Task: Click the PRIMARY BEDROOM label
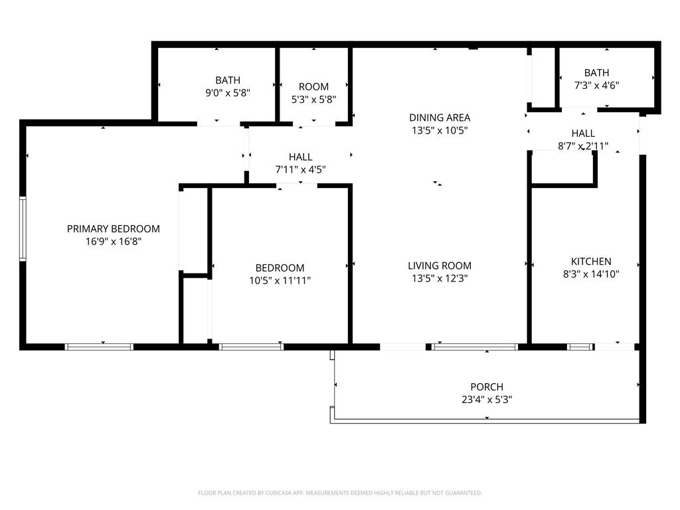click(113, 228)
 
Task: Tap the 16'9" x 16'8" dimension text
click(113, 242)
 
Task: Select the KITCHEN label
click(591, 262)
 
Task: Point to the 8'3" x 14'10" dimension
click(591, 274)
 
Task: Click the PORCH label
click(487, 387)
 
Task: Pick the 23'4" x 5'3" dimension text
click(487, 399)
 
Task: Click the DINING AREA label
click(440, 118)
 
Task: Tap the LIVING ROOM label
click(440, 266)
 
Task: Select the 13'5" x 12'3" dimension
click(440, 278)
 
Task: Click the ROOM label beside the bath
click(313, 87)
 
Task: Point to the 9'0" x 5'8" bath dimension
click(228, 93)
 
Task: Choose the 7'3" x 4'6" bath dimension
click(597, 86)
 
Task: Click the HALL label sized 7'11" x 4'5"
click(301, 157)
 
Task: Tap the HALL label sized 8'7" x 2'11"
click(583, 133)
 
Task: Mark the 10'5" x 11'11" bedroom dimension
click(280, 281)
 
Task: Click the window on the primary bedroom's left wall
click(23, 229)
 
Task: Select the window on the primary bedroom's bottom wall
click(99, 347)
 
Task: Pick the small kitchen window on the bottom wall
click(580, 347)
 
